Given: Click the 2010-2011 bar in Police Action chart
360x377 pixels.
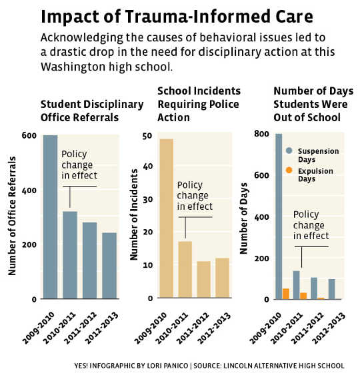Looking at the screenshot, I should [x=185, y=270].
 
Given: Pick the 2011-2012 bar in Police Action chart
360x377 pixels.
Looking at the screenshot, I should [x=203, y=280].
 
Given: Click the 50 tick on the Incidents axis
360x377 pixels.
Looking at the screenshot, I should [x=149, y=135].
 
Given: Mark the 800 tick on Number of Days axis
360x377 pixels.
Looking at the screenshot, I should [x=263, y=135].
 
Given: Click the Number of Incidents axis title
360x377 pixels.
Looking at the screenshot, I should [x=134, y=214].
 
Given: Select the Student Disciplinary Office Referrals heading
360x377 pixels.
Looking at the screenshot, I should [x=92, y=111].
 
